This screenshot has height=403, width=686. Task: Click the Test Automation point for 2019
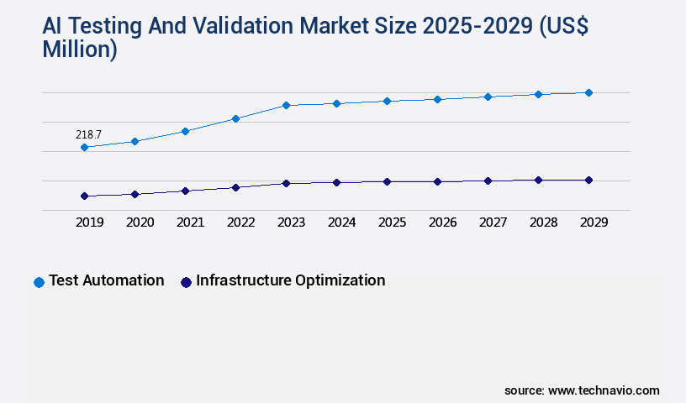click(84, 148)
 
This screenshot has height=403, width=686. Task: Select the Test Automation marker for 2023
click(286, 105)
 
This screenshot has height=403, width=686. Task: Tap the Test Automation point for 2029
click(588, 92)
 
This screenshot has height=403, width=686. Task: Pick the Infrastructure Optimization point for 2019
click(84, 196)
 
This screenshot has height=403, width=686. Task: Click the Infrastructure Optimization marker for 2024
click(336, 182)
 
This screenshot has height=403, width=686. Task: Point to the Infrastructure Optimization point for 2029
click(588, 180)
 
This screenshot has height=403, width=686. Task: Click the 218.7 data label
click(88, 134)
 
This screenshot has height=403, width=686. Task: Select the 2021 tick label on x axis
click(190, 222)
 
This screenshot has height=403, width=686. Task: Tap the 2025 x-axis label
click(392, 222)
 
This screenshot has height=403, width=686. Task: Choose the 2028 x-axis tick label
click(543, 222)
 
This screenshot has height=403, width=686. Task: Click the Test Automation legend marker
click(39, 282)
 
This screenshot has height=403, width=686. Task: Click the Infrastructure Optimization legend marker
click(186, 282)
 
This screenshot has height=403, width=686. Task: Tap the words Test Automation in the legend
click(106, 280)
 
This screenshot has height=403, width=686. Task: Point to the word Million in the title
click(80, 50)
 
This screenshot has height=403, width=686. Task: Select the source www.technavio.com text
click(582, 390)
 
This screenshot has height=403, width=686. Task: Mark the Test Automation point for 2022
click(235, 118)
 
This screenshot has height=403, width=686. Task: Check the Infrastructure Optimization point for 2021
click(185, 191)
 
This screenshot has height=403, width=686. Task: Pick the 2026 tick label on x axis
click(442, 222)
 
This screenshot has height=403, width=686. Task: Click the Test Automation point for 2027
click(488, 97)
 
